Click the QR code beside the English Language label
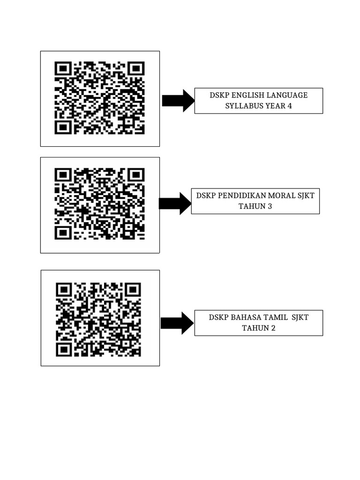99,98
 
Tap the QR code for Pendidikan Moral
99,204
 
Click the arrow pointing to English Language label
178,100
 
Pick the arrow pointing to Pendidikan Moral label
175,203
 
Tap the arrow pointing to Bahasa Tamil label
177,323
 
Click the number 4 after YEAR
290,106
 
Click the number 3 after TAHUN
270,206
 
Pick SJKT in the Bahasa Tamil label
300,317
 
